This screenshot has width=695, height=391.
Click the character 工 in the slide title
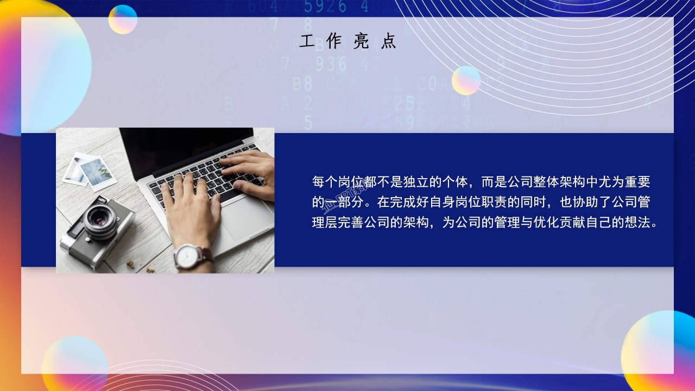(x=307, y=42)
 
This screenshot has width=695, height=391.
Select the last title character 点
(x=388, y=42)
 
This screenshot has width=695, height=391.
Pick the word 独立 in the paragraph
(x=416, y=182)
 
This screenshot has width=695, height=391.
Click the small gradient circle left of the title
(x=123, y=19)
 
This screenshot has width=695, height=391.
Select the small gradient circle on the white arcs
(x=466, y=80)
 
